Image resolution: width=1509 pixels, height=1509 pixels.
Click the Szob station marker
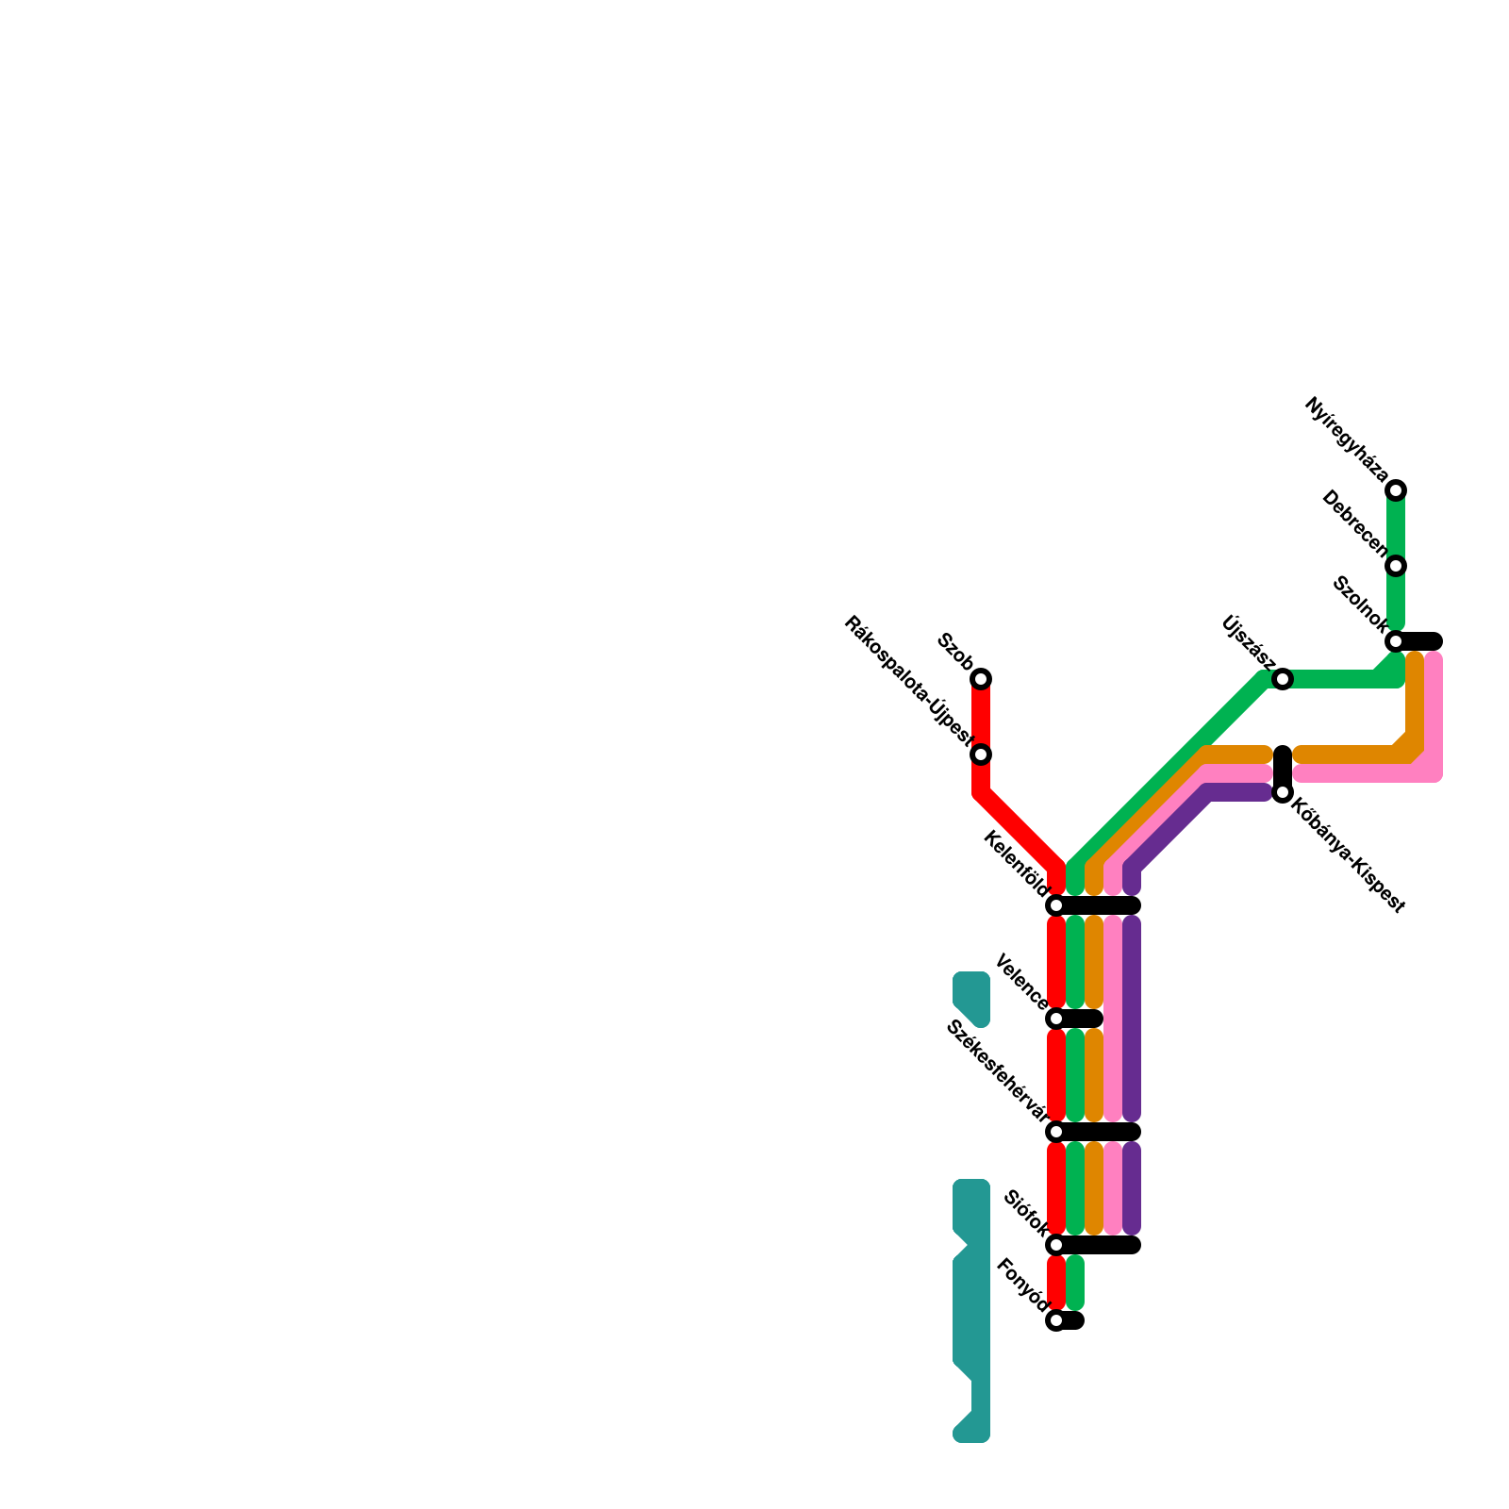[981, 679]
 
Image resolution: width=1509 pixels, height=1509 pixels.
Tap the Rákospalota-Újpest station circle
[981, 754]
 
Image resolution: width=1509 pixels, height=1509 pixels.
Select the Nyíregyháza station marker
[1396, 490]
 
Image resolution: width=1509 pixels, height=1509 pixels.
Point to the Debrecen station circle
[1396, 566]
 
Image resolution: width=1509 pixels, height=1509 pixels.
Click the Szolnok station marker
[1396, 641]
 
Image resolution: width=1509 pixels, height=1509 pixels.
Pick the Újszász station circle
[1283, 679]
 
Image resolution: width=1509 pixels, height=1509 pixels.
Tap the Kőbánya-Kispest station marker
[1283, 792]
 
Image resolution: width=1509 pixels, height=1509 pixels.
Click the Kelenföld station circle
[1056, 905]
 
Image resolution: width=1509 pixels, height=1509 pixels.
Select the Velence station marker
[1056, 1019]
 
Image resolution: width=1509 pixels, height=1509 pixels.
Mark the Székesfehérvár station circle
[1056, 1132]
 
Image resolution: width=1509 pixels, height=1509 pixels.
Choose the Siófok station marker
[1056, 1245]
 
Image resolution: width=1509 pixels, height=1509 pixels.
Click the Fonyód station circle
[1056, 1320]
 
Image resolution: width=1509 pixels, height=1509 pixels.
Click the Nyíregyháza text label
[1346, 440]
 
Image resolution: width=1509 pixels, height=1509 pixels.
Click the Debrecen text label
[1355, 524]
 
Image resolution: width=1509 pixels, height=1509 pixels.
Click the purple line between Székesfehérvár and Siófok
[1132, 1188]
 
